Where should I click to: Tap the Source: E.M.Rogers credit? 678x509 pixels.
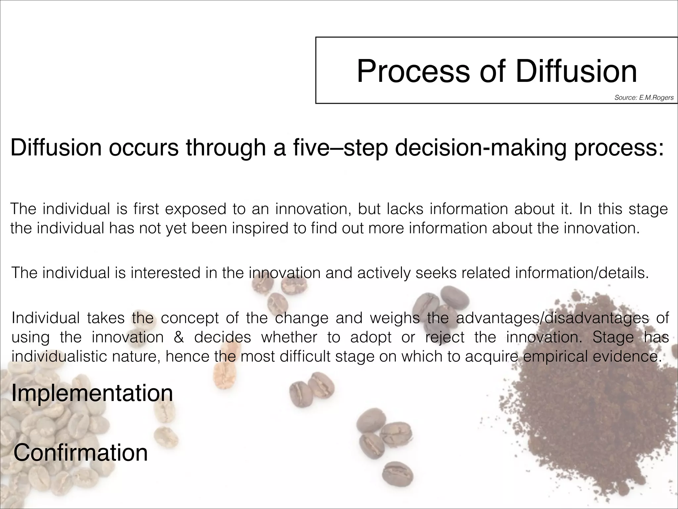[644, 98]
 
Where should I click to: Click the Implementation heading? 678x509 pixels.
[92, 393]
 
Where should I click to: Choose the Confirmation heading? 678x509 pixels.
[80, 453]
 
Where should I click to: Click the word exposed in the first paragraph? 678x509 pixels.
[195, 209]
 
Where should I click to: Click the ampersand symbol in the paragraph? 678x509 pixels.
[179, 337]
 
